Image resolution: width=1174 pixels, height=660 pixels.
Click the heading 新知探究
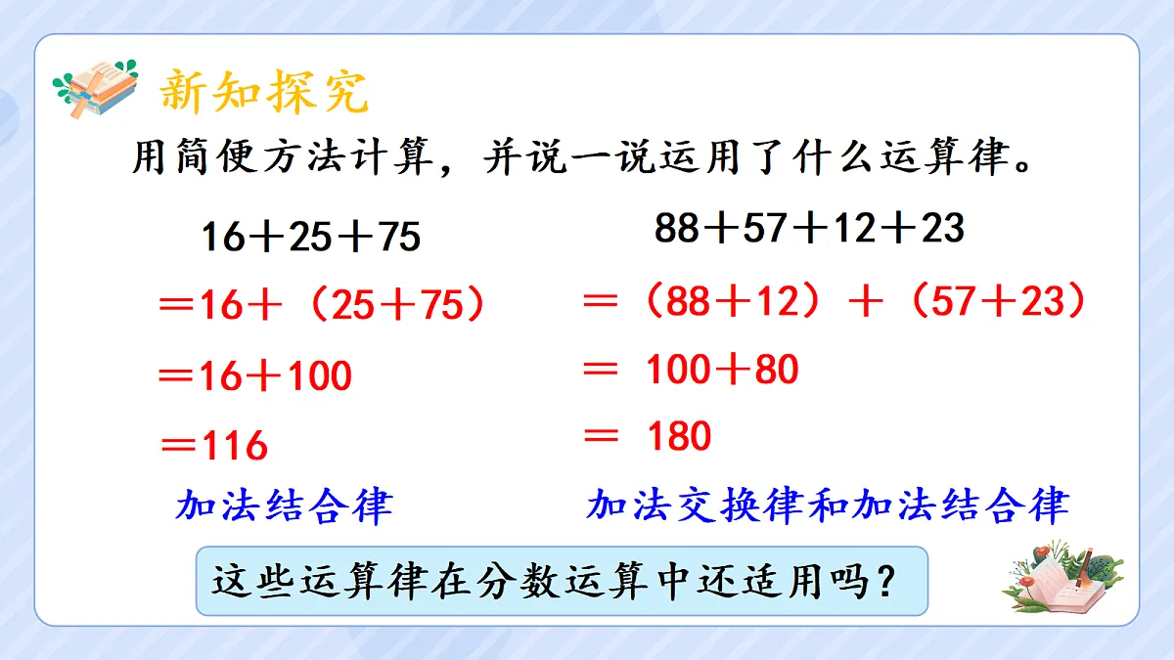264,92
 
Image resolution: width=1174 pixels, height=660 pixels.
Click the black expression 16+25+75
311,238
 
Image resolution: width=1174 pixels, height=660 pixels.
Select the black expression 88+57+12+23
809,229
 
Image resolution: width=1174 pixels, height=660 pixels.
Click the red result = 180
647,436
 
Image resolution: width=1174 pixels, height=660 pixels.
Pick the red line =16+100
254,376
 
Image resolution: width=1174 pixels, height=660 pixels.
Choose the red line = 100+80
690,370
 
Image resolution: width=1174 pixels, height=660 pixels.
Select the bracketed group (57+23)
997,302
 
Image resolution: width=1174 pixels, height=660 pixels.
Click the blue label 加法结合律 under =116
284,506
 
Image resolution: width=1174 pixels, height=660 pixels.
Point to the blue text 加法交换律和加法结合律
828,506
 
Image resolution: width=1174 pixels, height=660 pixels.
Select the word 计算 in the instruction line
403,158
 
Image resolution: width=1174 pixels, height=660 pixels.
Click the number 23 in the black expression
941,229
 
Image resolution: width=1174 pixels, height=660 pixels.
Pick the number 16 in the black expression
221,238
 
